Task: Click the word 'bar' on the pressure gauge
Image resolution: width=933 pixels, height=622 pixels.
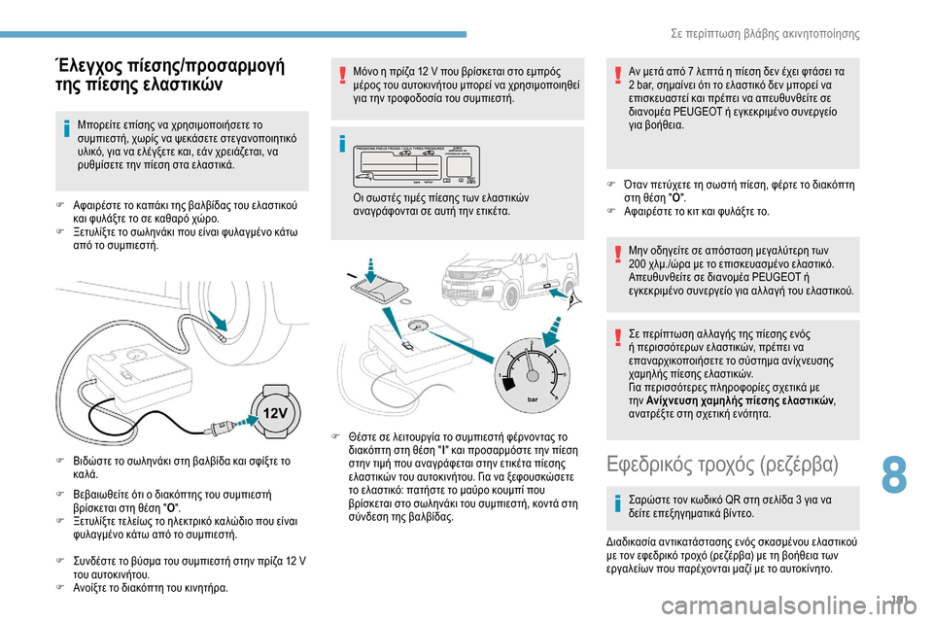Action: tap(532, 398)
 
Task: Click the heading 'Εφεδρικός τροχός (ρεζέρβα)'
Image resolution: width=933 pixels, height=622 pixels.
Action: tap(721, 462)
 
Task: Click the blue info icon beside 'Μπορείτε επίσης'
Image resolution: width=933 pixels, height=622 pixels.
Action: tap(65, 125)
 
